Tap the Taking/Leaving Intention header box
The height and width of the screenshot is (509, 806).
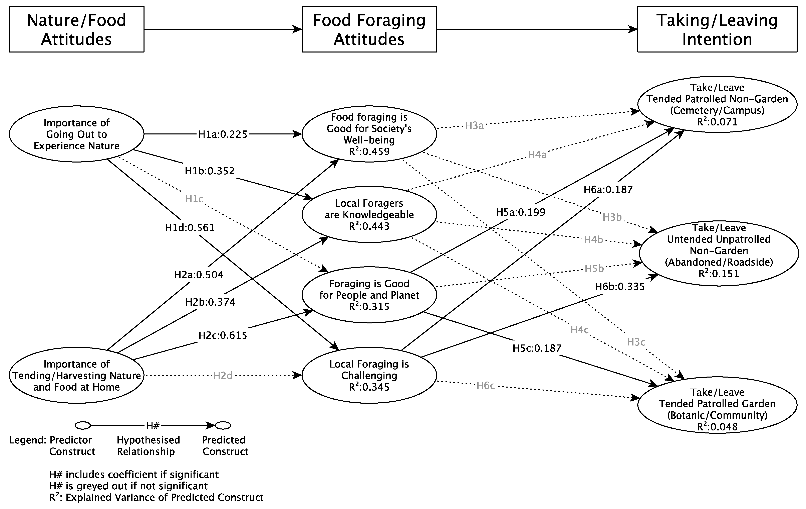tap(717, 29)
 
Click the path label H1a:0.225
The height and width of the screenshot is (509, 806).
tap(223, 134)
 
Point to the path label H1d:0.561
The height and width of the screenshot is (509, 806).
tap(190, 228)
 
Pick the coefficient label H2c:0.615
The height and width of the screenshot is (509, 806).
tap(223, 335)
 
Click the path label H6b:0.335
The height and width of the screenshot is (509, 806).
tap(620, 287)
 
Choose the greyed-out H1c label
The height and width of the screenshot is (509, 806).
tap(194, 199)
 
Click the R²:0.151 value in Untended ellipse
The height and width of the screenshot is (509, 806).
tap(719, 274)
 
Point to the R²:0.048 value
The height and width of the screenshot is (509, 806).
tap(717, 427)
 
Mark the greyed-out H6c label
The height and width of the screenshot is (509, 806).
tap(485, 386)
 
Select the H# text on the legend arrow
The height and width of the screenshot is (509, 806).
tap(153, 426)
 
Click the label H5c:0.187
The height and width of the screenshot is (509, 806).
tap(537, 348)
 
